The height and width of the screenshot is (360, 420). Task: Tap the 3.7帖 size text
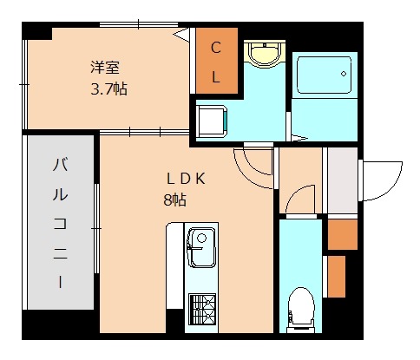[x=109, y=88]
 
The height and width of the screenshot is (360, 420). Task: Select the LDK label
[x=186, y=179]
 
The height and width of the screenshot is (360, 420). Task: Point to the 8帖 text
[x=174, y=200]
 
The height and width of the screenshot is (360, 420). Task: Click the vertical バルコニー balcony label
[x=62, y=221]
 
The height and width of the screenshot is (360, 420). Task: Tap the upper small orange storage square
[x=342, y=233]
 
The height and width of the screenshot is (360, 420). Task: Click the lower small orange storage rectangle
[x=336, y=275]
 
